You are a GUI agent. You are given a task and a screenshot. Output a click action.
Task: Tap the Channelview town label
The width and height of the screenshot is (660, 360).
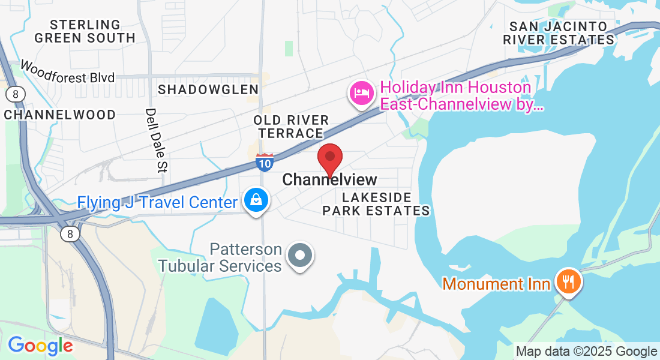[x=329, y=179]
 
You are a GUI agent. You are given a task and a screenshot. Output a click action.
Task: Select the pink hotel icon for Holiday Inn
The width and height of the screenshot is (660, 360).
[x=362, y=93]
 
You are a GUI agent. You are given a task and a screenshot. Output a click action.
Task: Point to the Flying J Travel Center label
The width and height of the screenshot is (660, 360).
[x=157, y=202]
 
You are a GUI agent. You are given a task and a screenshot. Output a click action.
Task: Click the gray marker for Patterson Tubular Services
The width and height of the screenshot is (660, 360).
[x=300, y=256]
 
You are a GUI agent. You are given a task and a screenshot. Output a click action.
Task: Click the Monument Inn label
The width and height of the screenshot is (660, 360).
[x=496, y=284]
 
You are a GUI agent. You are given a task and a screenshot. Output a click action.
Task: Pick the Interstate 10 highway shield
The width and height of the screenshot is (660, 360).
[x=265, y=162]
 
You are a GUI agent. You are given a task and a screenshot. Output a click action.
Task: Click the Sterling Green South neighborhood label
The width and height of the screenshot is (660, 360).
[x=85, y=31]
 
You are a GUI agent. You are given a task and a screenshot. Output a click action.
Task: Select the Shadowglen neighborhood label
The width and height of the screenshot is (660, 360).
[x=208, y=89]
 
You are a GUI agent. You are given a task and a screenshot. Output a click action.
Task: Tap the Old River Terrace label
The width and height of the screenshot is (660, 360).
[x=291, y=127]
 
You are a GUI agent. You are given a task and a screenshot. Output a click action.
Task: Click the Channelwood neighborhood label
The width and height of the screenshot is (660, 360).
[x=60, y=115]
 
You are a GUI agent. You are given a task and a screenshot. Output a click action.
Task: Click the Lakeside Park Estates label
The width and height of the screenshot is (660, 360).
[x=376, y=204]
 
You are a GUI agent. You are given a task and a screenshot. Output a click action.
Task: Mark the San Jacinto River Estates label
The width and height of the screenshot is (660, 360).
[x=559, y=33]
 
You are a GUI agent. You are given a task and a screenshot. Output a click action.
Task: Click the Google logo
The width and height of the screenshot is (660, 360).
[x=40, y=346]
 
